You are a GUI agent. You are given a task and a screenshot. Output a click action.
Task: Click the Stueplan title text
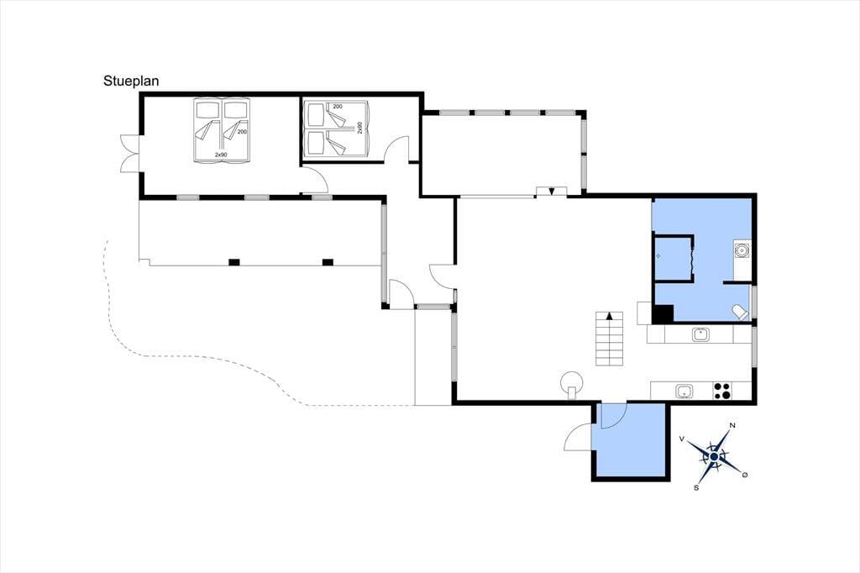point(131,81)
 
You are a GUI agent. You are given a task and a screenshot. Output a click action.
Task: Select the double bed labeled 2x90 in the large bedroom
point(222,130)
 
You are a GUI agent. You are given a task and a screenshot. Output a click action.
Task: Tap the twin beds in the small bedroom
point(337,129)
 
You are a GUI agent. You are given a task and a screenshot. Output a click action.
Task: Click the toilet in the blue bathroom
point(740,313)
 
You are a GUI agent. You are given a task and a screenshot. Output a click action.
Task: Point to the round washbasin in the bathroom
point(742,251)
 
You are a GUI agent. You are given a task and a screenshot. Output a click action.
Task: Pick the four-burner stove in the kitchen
point(721,391)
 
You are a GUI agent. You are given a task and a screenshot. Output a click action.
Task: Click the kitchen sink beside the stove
point(684,391)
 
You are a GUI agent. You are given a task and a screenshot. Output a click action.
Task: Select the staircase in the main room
point(610,339)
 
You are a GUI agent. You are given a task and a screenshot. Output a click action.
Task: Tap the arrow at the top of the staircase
point(610,316)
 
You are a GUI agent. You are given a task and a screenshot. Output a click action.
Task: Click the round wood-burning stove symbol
point(571,382)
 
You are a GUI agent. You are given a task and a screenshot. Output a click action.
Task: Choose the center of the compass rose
point(714,457)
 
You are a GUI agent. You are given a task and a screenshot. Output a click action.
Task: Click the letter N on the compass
point(732,425)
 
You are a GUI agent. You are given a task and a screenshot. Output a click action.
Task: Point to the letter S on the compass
point(696,488)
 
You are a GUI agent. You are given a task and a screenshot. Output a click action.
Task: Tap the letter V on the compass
point(682,439)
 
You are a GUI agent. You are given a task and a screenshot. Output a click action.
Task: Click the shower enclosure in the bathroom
point(674,257)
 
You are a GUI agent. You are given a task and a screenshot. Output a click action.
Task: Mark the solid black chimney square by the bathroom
point(662,313)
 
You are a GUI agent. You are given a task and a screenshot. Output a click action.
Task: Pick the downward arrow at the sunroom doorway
point(552,192)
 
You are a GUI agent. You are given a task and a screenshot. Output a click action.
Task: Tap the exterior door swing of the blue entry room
point(577,438)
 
